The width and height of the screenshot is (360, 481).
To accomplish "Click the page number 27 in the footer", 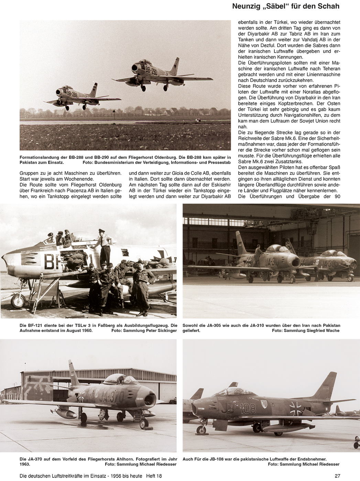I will tap(337, 476).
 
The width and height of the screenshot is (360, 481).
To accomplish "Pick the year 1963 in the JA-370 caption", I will tap(25, 464).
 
